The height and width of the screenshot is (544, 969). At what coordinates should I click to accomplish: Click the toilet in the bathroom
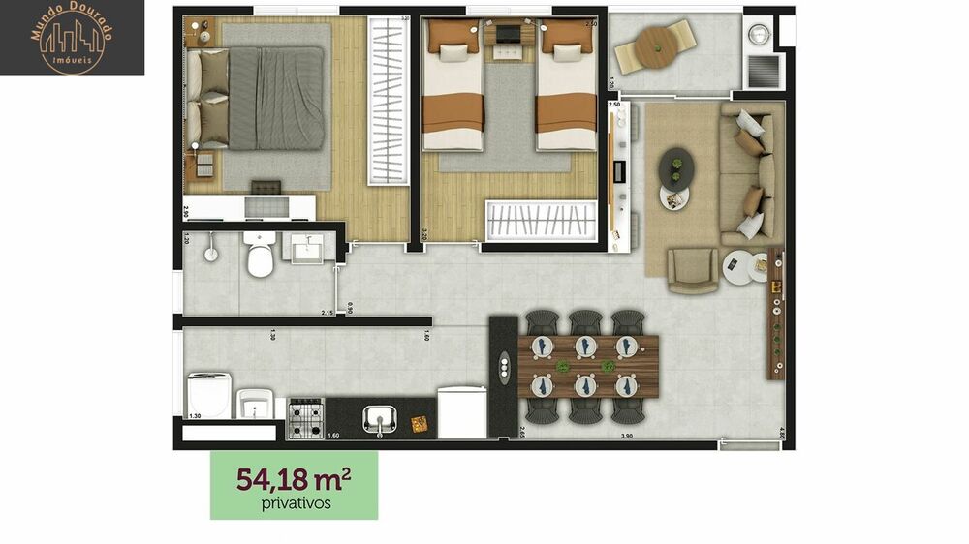[x=260, y=255]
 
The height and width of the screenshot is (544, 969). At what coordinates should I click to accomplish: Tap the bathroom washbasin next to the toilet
[x=308, y=249]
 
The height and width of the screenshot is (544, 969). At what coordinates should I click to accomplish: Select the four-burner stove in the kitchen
[x=306, y=418]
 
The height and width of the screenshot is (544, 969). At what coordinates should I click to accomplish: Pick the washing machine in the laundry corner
[x=210, y=395]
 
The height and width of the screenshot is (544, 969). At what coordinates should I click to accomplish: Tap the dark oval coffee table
[x=676, y=166]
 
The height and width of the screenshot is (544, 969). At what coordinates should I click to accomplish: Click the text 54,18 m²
[x=294, y=480]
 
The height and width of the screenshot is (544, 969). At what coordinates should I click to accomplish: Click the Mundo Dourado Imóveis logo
[x=72, y=38]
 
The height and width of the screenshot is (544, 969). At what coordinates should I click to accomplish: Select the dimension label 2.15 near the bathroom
[x=328, y=313]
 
